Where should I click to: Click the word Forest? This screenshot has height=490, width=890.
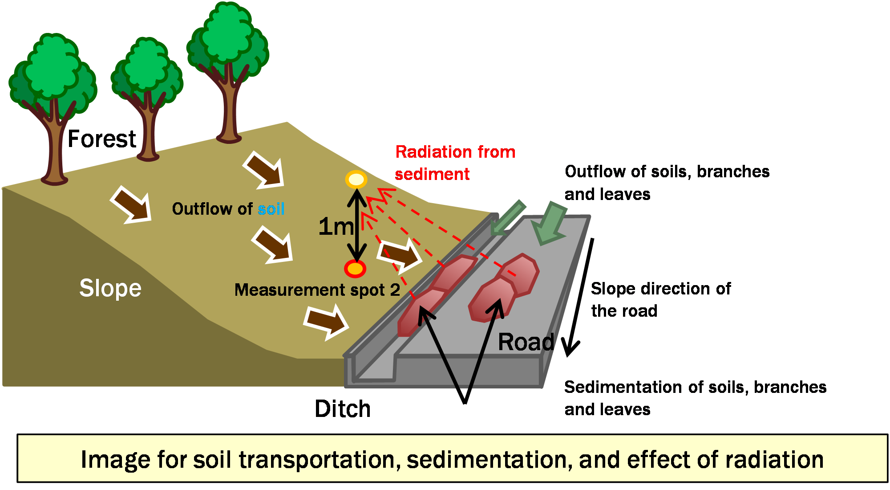[101, 139]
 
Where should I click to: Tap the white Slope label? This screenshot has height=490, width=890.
[110, 288]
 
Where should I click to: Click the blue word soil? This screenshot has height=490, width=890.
[271, 209]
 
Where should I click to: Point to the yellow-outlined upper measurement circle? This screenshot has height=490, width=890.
[356, 180]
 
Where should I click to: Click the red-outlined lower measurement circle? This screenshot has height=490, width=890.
[355, 269]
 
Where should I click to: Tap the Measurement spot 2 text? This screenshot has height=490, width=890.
[317, 290]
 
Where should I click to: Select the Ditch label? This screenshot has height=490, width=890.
[342, 409]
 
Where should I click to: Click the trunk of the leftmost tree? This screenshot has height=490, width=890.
[55, 147]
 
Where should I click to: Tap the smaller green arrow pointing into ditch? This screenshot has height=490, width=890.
[507, 219]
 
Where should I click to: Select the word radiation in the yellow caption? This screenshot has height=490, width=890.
[774, 459]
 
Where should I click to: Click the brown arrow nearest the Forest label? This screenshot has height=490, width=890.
[131, 205]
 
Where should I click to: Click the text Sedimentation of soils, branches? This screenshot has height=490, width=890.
[695, 387]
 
